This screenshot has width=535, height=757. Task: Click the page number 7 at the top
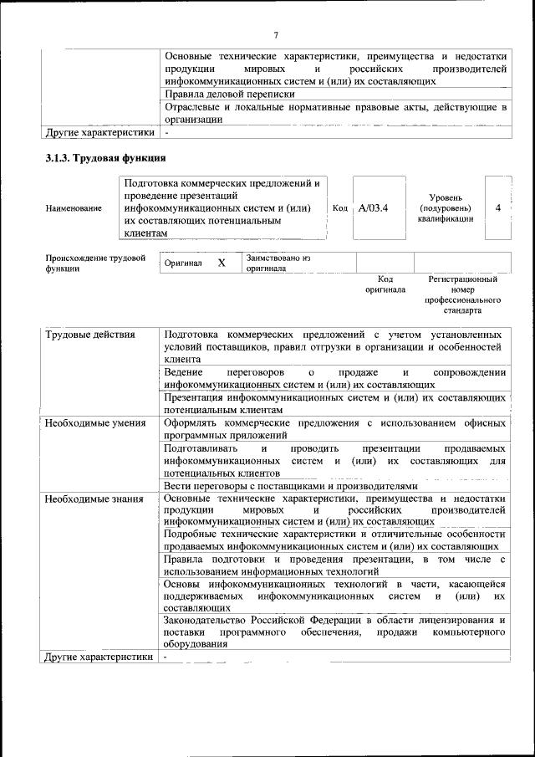[275, 34]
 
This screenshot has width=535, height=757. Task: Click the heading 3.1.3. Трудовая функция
[105, 157]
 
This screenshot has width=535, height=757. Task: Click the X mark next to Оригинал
[222, 263]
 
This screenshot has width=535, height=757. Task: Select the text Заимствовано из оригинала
[278, 263]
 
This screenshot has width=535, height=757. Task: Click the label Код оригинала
[385, 284]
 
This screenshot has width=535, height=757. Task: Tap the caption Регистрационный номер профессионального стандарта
[462, 294]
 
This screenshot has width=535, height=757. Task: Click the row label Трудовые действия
[89, 335]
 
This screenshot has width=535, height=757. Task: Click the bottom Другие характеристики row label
[99, 657]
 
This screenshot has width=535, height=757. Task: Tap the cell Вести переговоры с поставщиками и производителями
[289, 485]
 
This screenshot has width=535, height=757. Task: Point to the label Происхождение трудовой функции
[95, 263]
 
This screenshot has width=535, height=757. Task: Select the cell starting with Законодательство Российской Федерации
[334, 632]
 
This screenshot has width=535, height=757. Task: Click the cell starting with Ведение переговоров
[334, 377]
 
